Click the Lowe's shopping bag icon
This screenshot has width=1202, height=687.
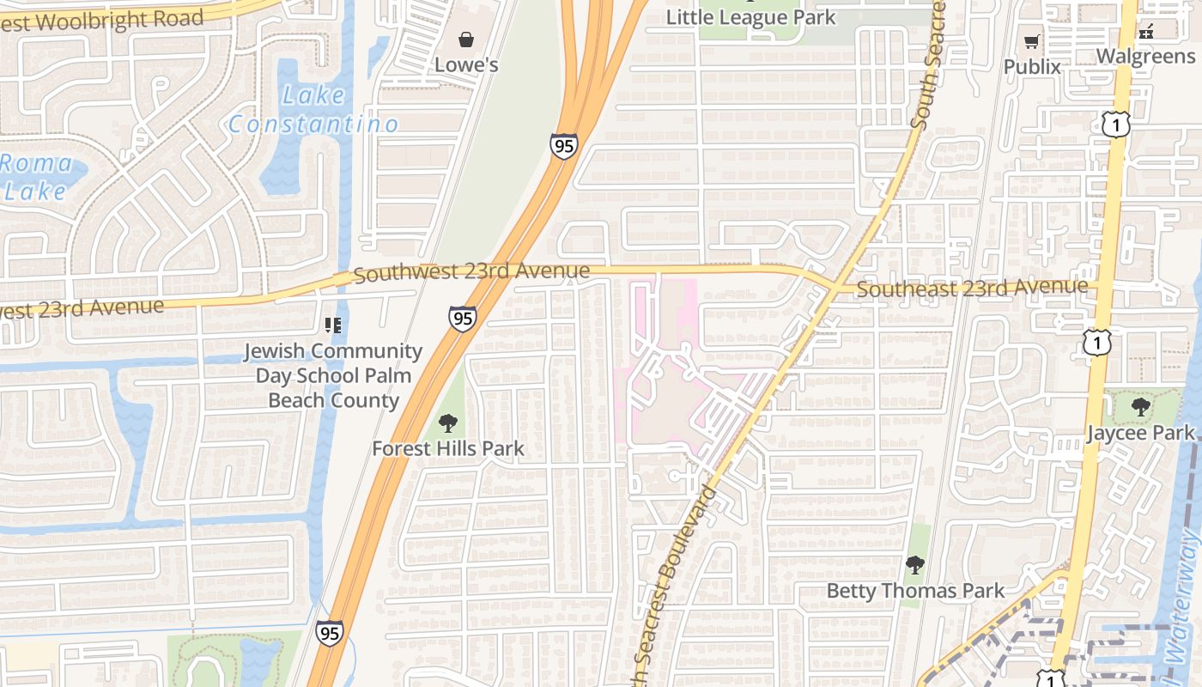pos(465,40)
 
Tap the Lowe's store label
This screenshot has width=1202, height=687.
pos(466,65)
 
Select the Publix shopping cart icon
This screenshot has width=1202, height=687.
pos(1032,41)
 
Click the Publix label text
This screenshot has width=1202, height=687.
pos(1032,67)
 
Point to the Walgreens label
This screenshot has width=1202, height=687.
pos(1145,57)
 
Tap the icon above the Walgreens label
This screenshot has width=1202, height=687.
pos(1145,33)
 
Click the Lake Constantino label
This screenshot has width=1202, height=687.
pos(313,110)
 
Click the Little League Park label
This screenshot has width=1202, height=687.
pos(750,17)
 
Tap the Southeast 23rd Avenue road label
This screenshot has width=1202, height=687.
pos(972,289)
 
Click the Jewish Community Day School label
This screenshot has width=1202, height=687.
pos(334,375)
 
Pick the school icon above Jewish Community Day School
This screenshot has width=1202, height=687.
pos(333,325)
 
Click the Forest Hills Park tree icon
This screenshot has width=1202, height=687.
pos(447,423)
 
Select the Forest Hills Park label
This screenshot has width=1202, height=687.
pos(447,448)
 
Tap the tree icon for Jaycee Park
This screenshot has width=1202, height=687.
pos(1140,407)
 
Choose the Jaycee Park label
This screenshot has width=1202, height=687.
pos(1140,433)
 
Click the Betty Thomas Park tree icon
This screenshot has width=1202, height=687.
pos(915,565)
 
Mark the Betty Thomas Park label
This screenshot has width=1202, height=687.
pos(915,591)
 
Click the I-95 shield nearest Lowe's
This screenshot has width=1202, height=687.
pos(563,146)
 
